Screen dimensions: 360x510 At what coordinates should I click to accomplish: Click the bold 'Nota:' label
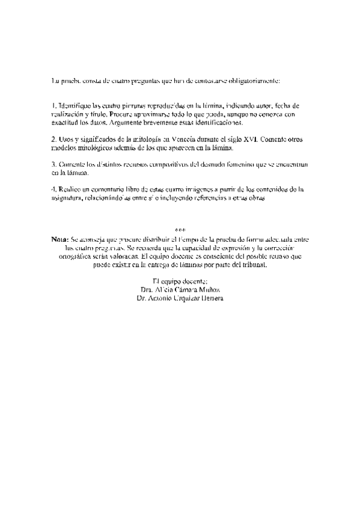(x=61, y=239)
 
